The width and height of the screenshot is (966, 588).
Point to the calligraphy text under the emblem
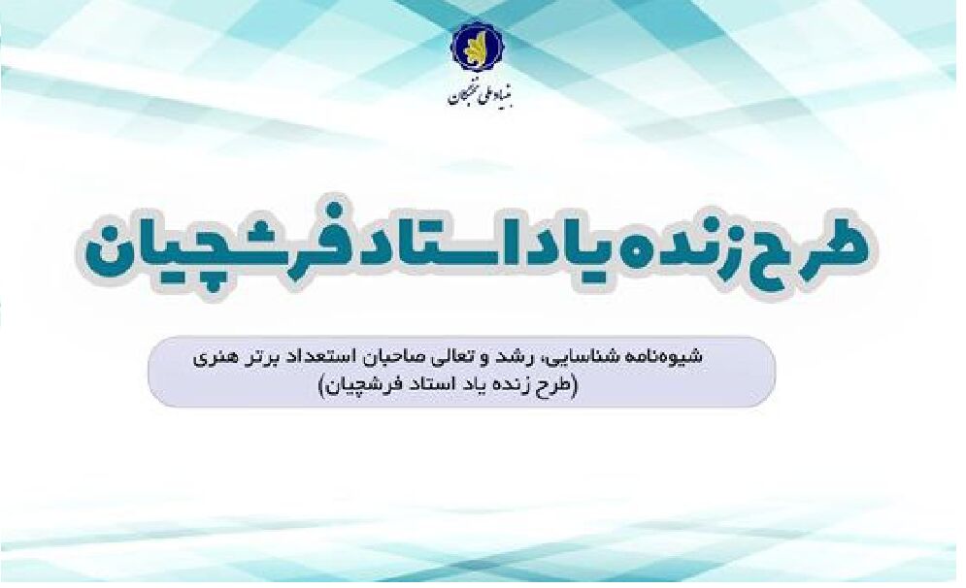473,94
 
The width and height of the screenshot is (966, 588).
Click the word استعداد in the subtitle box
343,356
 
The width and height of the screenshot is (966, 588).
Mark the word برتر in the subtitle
275,356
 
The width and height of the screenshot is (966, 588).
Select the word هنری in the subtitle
227,356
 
